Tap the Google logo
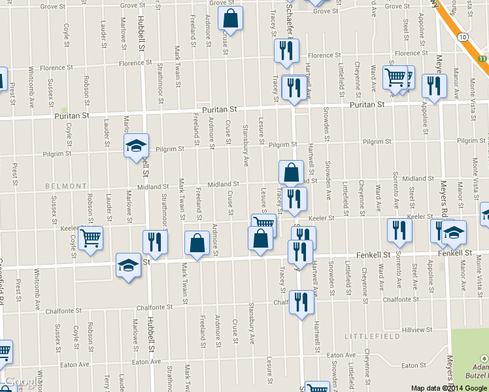tap(18, 382)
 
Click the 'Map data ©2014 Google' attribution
tap(448, 387)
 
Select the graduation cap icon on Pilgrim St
tap(137, 146)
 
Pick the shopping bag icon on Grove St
tap(230, 19)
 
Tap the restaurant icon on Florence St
tap(286, 51)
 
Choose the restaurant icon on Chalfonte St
tap(301, 302)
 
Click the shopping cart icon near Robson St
tap(90, 237)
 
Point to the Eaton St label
tap(413, 365)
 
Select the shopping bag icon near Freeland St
tap(197, 244)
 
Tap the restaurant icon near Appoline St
tap(433, 85)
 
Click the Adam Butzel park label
tap(475, 373)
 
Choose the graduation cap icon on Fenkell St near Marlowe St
tap(128, 265)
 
